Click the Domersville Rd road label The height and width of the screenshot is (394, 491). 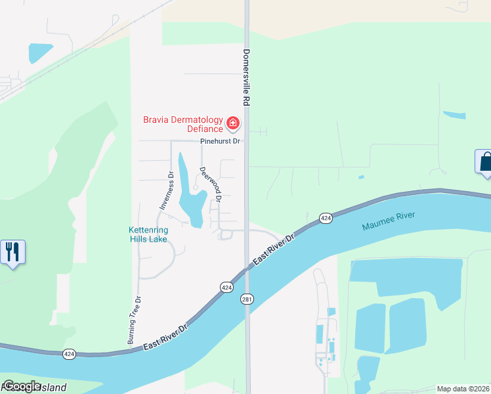[x=247, y=77]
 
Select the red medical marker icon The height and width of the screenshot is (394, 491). [x=232, y=123]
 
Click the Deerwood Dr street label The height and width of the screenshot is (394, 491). [x=211, y=183]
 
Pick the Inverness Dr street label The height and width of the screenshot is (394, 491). [x=165, y=190]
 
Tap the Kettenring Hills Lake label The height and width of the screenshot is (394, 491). [x=148, y=235]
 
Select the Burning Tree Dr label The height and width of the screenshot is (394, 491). [x=135, y=320]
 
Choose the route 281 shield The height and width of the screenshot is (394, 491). [x=247, y=299]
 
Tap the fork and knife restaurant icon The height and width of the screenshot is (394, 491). [x=12, y=252]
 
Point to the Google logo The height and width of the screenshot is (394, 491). [x=22, y=386]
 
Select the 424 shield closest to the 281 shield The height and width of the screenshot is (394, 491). [x=226, y=287]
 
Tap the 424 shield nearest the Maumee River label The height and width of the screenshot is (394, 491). [x=325, y=217]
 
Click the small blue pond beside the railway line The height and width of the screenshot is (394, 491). [x=40, y=53]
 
